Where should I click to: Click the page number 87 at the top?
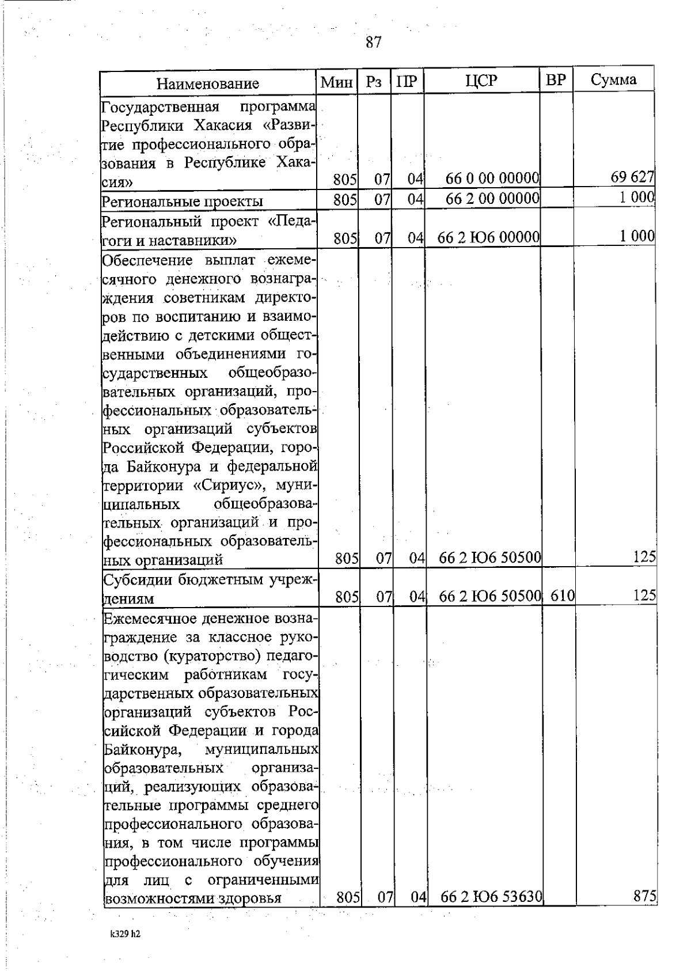click(x=373, y=42)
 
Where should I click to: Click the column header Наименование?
click(x=208, y=84)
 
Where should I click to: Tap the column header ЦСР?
click(x=481, y=81)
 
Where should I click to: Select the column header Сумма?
click(x=613, y=79)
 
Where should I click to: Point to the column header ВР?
click(x=556, y=80)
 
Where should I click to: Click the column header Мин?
click(x=336, y=82)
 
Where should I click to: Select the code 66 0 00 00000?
click(x=492, y=179)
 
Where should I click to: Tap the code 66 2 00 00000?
click(x=492, y=198)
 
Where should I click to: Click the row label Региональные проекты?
click(x=182, y=201)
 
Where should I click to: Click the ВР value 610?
click(x=562, y=596)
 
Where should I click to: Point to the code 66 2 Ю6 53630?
click(x=491, y=897)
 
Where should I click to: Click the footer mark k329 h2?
click(x=125, y=934)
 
